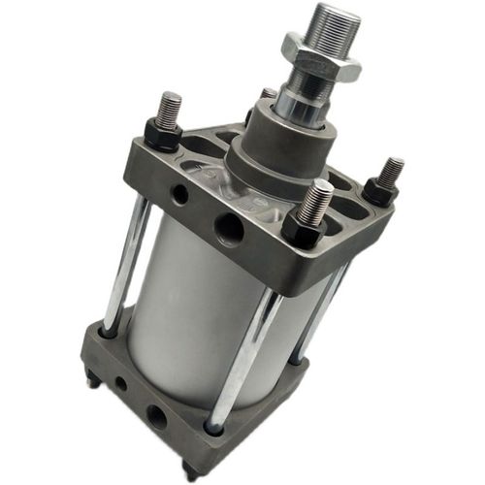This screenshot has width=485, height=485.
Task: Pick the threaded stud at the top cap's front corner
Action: tap(317, 198)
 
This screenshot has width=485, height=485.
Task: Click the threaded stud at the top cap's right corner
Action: tap(390, 172)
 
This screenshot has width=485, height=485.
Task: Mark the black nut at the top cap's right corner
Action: tap(380, 191)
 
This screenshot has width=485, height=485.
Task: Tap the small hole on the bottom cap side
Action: tap(120, 383)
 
